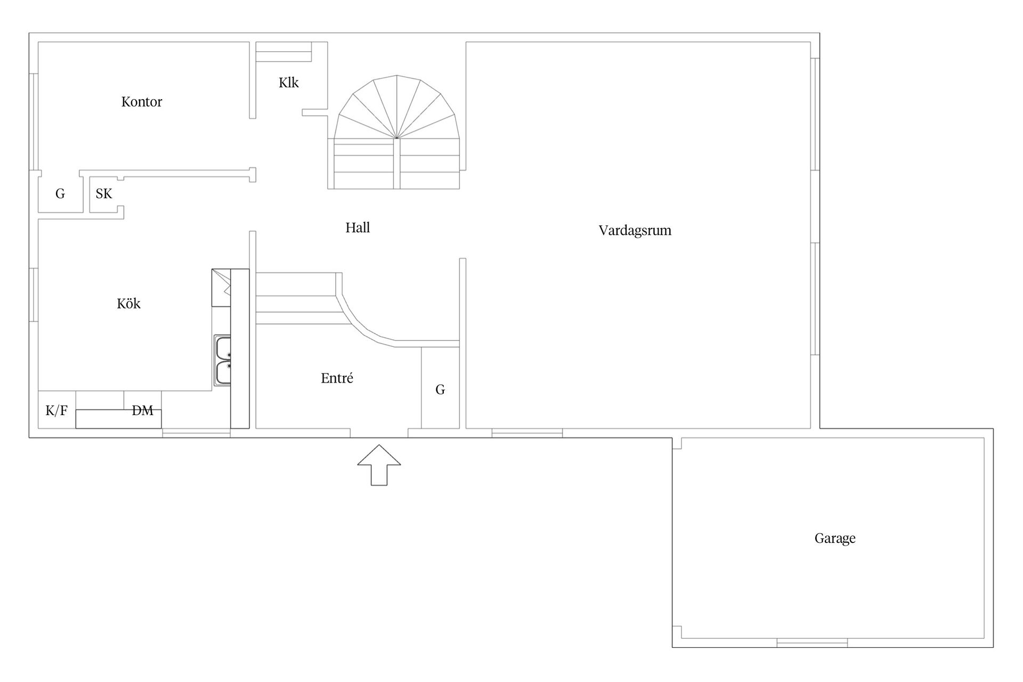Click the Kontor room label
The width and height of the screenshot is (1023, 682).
point(142,102)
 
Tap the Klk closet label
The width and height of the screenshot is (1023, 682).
point(289,83)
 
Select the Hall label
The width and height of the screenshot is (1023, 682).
point(358,228)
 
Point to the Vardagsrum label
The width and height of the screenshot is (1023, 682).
point(635,231)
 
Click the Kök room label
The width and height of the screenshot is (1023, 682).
point(129,304)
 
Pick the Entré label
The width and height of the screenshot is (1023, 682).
point(337,378)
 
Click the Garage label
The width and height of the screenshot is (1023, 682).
point(835,539)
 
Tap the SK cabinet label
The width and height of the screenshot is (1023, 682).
point(104,194)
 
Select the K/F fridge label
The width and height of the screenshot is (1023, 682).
point(56,411)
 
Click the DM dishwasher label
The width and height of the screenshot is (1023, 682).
point(143,411)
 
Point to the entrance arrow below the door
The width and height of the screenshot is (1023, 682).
point(379,465)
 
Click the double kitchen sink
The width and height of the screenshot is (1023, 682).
point(223,360)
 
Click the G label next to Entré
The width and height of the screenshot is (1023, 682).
point(440,390)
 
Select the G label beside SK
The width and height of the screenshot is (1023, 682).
point(60,194)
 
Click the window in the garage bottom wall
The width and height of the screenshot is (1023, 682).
point(812,643)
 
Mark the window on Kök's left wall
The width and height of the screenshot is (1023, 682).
point(34,295)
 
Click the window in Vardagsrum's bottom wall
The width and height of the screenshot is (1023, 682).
point(527,433)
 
